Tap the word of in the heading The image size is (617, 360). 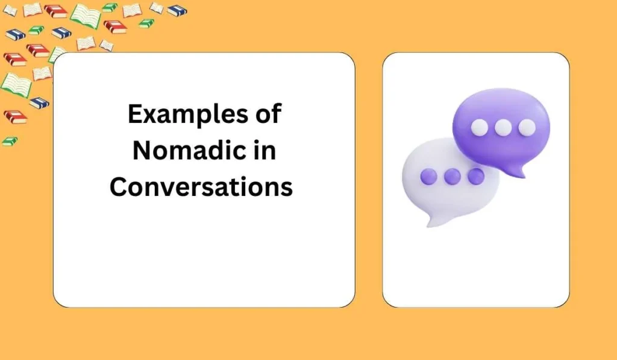point(268,115)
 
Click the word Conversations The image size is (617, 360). point(201,186)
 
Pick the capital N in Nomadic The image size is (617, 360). point(141,150)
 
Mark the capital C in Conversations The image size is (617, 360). point(118,186)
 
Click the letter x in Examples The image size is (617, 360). point(150,116)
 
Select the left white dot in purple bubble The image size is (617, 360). point(479,127)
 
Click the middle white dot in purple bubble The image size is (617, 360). point(503,127)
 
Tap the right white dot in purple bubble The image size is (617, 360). point(527,127)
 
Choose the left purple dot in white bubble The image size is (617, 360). point(428,176)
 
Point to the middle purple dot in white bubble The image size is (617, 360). point(453,176)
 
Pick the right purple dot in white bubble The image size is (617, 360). point(476,176)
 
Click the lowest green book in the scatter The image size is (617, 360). point(10,141)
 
